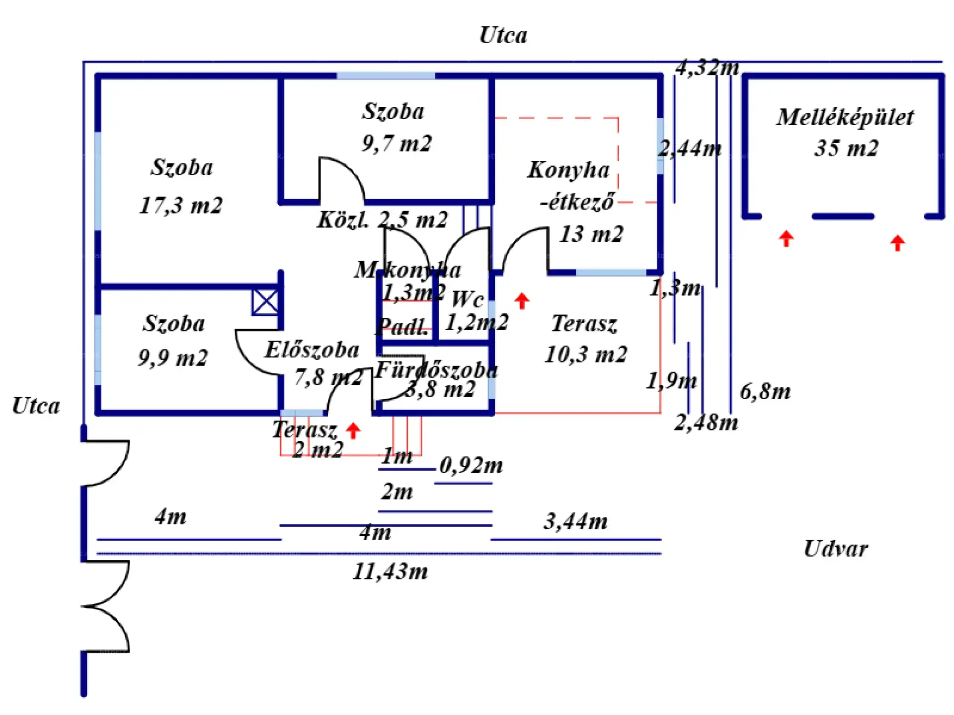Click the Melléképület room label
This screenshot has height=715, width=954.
point(845,118)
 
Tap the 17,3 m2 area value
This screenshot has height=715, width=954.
point(181,205)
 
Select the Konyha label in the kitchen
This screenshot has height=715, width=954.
point(568,170)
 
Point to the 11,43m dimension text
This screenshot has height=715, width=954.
point(390,571)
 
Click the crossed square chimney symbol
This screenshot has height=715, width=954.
point(265,302)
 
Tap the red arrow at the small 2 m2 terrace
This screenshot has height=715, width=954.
point(353,430)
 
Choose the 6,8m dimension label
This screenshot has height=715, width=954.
point(765,392)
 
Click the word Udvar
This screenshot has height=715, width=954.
point(836,549)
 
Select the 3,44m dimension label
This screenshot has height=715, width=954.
point(575,521)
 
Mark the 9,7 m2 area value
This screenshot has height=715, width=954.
point(397,143)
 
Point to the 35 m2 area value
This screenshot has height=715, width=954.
point(846,148)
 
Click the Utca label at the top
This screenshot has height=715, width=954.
point(503,35)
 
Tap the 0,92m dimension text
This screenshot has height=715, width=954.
point(471,465)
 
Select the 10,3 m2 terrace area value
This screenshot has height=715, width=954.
point(586,355)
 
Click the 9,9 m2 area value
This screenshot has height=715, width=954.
point(173,357)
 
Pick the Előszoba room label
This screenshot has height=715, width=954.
point(312,350)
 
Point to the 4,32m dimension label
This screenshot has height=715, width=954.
point(707,67)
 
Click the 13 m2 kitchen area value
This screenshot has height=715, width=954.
point(591,234)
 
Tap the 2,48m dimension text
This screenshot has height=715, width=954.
point(706,423)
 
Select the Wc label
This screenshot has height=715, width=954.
point(468,299)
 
